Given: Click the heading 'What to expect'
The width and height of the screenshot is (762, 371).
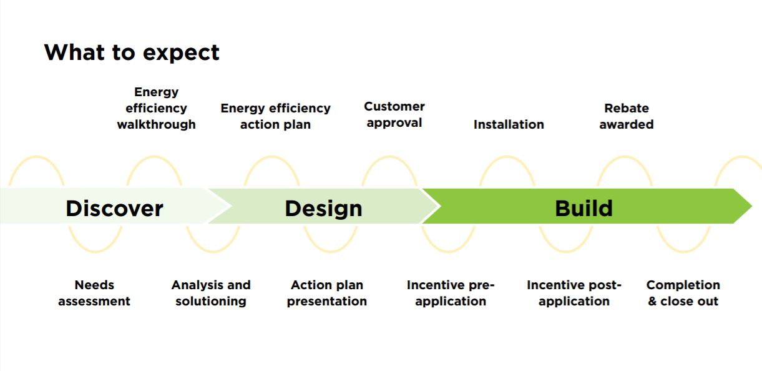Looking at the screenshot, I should [132, 52].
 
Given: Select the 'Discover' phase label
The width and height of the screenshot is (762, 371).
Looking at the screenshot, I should [114, 208].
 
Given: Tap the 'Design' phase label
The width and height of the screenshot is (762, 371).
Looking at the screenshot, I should [323, 208].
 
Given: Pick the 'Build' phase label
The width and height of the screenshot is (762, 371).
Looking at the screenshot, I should [584, 208].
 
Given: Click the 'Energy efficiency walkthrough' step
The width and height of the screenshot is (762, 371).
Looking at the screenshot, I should [156, 108].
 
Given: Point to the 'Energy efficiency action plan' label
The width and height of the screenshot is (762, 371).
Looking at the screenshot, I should [275, 116].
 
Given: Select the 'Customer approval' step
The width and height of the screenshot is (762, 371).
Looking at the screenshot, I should [394, 114].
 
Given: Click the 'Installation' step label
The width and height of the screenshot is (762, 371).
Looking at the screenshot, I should [509, 124].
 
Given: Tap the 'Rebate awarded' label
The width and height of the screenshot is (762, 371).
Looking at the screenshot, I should [627, 116].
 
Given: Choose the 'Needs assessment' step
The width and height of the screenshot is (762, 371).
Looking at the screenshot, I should [94, 293].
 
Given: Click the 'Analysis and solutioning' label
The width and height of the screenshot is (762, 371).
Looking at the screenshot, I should [211, 293].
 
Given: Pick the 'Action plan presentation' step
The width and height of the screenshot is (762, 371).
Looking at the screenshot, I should [327, 293].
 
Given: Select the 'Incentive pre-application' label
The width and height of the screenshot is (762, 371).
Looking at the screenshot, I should [451, 293].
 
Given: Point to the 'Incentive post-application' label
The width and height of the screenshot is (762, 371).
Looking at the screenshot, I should [574, 293].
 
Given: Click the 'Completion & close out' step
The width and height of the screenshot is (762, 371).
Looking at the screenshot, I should [683, 293].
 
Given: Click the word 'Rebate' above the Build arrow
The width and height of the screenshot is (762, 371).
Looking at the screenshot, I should [627, 108].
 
